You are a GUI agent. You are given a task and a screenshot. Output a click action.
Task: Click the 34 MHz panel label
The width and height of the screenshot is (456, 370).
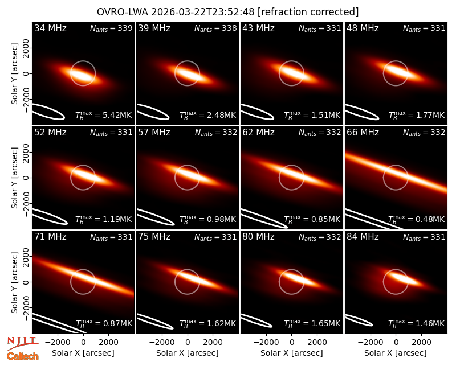(x=50, y=28)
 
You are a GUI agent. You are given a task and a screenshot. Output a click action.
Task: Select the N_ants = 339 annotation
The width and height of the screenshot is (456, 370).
(x=111, y=28)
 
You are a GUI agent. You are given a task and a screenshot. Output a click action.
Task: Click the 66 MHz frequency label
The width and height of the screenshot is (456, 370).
(x=363, y=133)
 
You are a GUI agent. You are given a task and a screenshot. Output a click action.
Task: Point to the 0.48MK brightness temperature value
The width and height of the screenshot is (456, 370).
(x=430, y=219)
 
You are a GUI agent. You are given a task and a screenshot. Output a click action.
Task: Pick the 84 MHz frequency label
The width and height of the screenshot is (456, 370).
(x=363, y=237)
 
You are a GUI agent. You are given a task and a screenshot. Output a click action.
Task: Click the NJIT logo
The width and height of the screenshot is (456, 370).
(x=22, y=343)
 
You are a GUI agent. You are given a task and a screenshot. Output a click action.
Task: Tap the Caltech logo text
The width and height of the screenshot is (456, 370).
(x=23, y=356)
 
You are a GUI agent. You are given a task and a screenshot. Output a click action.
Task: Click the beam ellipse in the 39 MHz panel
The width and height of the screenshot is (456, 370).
(x=153, y=112)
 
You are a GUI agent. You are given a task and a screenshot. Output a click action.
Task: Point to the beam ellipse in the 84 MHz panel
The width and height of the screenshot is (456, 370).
(x=359, y=320)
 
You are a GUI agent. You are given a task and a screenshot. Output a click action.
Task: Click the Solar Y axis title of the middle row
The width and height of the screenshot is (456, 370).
(x=14, y=178)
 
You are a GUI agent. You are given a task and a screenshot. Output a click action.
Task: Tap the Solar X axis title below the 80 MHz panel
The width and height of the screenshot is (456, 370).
(x=292, y=353)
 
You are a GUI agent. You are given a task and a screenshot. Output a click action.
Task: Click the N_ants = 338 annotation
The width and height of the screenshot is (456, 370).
(x=215, y=28)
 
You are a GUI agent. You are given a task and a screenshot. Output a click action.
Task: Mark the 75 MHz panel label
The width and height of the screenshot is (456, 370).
(x=154, y=237)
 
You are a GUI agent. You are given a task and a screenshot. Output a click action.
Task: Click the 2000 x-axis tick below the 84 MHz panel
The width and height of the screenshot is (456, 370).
(x=421, y=343)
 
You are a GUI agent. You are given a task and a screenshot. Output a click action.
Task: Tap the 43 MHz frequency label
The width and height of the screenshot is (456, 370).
(x=259, y=28)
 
